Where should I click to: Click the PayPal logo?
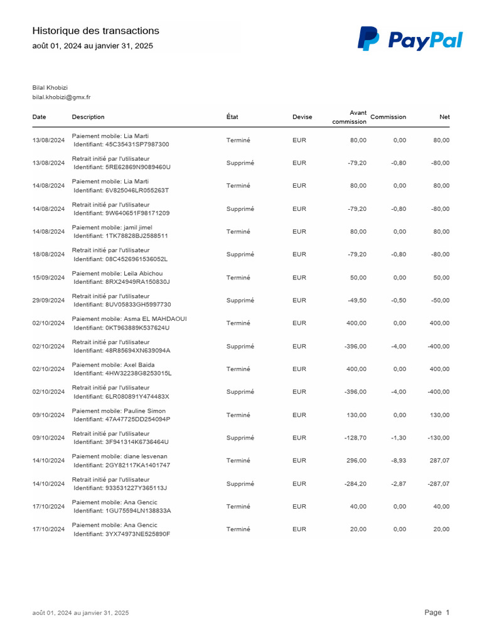(409, 40)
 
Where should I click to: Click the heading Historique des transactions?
(95, 31)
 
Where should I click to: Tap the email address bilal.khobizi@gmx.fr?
(62, 97)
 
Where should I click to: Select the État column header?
(232, 117)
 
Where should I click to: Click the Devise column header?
(302, 117)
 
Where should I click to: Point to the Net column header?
(444, 117)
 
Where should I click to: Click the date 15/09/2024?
(48, 278)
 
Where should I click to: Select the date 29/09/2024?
(48, 300)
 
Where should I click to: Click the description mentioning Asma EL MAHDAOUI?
(129, 319)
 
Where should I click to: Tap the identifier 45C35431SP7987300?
(121, 144)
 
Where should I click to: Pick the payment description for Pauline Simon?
(119, 411)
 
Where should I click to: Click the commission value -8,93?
(398, 461)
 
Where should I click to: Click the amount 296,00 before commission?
(357, 461)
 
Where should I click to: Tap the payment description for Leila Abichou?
(117, 273)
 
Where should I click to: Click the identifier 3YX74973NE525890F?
(122, 534)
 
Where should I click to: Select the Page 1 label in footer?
(437, 612)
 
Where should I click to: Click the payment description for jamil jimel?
(112, 227)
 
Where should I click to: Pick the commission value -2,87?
(398, 484)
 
